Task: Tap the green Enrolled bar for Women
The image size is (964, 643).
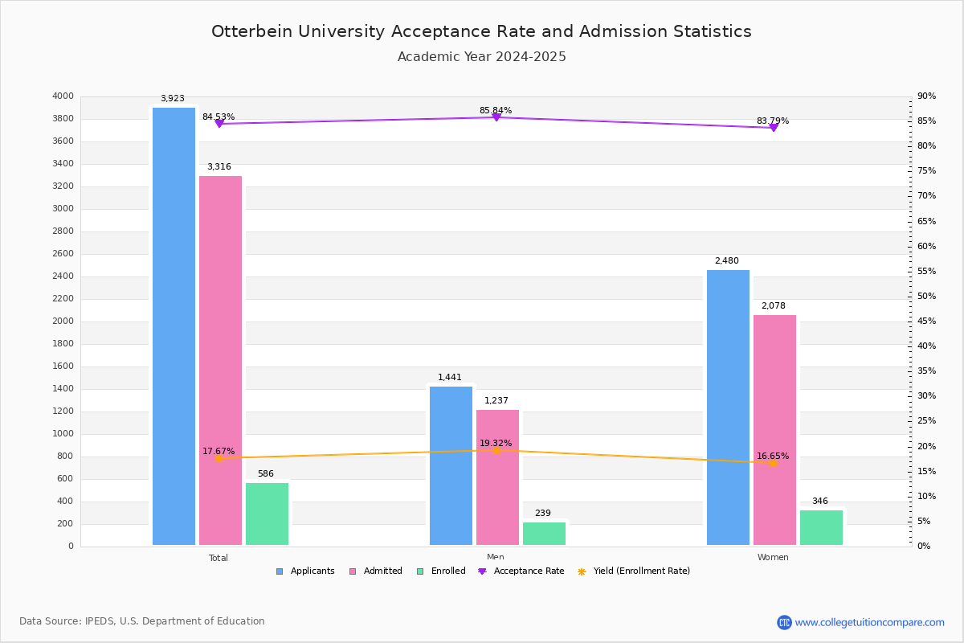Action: (821, 527)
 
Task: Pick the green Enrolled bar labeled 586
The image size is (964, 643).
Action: (267, 514)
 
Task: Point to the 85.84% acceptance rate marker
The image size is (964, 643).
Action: (496, 117)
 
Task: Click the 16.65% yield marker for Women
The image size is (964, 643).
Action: (773, 463)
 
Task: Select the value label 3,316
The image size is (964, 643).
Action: (219, 167)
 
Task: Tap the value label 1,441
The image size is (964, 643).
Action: (450, 378)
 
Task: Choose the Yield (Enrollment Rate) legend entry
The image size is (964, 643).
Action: (634, 571)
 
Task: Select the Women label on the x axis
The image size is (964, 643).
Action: (773, 558)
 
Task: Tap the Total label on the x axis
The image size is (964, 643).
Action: (219, 558)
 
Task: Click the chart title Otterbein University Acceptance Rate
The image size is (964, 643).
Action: (481, 32)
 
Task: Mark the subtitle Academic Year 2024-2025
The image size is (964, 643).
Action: (481, 57)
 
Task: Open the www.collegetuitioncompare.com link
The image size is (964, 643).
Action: (869, 622)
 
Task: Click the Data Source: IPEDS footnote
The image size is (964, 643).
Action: (142, 621)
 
